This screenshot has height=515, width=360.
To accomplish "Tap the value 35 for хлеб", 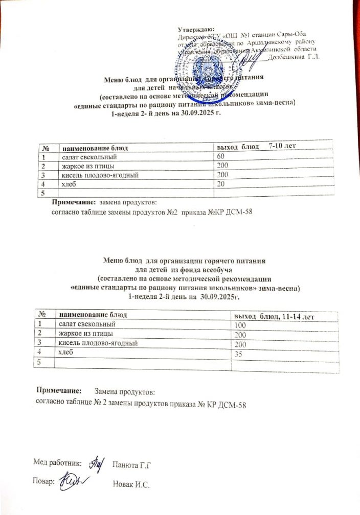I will (238, 353).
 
